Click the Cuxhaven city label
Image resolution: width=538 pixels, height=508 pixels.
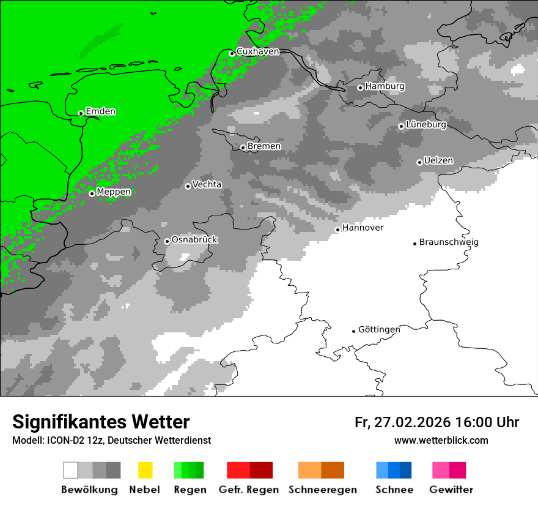click(x=257, y=51)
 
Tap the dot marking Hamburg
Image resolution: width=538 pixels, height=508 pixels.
click(x=360, y=88)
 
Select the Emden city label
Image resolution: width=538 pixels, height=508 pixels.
click(x=100, y=111)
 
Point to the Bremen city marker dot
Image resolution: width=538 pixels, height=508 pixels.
click(x=243, y=148)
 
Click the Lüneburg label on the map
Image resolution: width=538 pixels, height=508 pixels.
click(x=426, y=124)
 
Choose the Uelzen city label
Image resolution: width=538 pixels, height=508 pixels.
click(x=438, y=160)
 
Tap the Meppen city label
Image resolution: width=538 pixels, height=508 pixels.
click(x=114, y=192)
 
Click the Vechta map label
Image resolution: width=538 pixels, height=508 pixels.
click(x=207, y=184)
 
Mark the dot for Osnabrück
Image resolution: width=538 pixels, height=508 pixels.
click(x=167, y=241)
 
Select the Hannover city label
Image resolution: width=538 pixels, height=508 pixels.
click(x=363, y=228)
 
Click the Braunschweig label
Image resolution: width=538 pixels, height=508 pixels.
click(x=449, y=242)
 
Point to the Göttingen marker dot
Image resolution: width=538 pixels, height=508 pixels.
click(x=353, y=331)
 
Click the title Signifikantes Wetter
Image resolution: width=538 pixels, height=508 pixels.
click(x=101, y=422)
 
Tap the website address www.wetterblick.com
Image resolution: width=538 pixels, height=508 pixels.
click(x=441, y=440)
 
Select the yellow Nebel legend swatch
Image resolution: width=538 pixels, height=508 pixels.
click(x=145, y=470)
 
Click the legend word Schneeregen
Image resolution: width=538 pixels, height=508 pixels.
click(x=322, y=490)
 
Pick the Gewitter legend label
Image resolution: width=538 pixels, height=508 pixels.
click(x=451, y=490)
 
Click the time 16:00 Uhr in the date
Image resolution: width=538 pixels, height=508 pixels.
click(x=486, y=422)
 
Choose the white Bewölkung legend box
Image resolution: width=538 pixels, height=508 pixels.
click(x=71, y=470)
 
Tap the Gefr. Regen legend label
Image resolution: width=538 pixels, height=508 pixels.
click(x=248, y=490)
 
